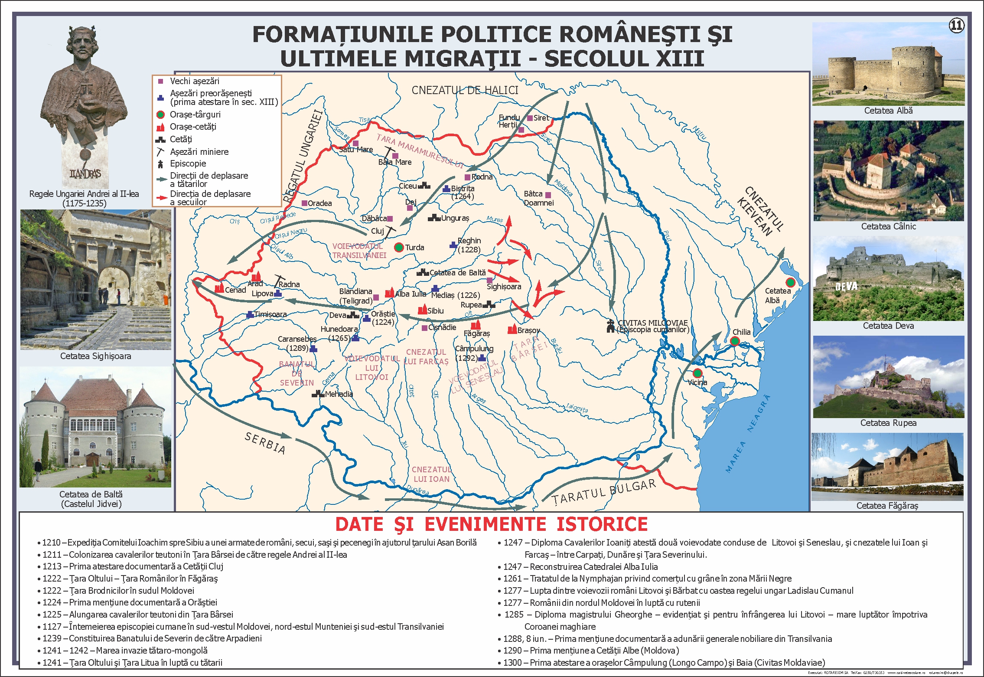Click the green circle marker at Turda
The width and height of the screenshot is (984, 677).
pos(399,247)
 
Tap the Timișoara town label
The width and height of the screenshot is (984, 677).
pos(270,314)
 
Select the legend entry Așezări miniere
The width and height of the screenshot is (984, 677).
pos(199,152)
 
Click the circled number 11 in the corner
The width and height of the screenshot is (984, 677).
pos(956,26)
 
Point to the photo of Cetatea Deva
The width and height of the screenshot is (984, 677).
pos(888,279)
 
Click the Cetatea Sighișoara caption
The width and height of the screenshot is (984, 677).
pos(95,356)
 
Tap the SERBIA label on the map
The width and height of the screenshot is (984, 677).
pos(265,443)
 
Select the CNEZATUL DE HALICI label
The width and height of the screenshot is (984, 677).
pos(465,90)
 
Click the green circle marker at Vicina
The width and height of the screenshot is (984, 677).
pos(697,373)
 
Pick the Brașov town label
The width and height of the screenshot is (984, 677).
pos(528,330)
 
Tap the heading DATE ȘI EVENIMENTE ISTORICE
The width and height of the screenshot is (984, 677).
pos(491,524)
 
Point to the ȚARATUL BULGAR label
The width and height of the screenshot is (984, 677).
pos(604,492)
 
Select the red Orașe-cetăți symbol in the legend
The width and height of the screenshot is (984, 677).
pos(160,127)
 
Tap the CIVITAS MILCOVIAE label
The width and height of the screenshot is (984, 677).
pos(652,323)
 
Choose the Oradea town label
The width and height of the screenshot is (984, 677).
pos(319,203)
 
